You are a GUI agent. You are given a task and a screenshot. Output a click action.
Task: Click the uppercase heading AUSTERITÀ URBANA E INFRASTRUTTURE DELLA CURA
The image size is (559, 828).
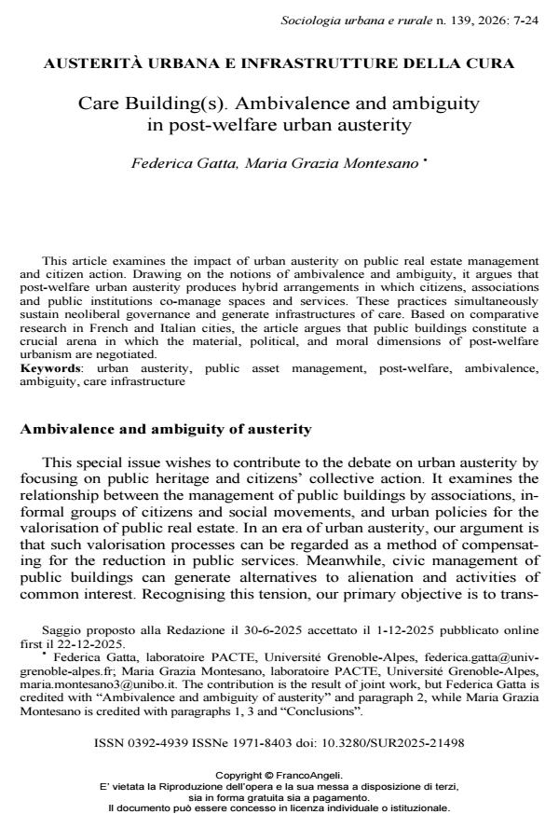point(279,63)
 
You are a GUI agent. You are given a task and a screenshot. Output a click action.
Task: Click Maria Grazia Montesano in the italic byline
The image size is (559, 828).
point(329,164)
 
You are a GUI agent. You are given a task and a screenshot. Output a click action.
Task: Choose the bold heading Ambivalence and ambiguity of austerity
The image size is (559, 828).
point(166,429)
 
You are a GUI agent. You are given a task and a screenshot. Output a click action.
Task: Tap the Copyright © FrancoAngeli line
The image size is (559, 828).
point(279,775)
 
